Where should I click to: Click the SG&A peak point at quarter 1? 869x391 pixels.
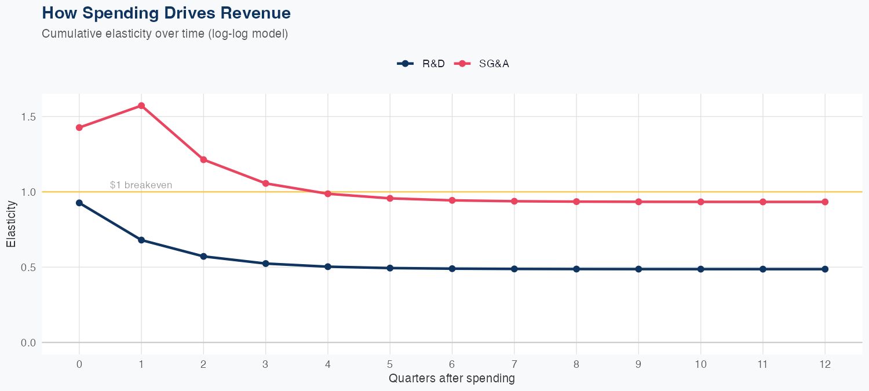tap(141, 105)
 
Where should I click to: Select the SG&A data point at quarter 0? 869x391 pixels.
tap(79, 127)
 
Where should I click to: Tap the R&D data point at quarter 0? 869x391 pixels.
tap(79, 203)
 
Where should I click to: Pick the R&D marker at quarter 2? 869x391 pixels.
tap(203, 256)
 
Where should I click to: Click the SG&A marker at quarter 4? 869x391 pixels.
tap(328, 193)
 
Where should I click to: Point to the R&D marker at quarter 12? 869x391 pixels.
tap(825, 269)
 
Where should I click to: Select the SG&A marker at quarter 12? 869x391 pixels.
tap(825, 202)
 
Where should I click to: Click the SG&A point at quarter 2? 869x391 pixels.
tap(203, 159)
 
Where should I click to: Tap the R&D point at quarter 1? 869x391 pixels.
tap(141, 240)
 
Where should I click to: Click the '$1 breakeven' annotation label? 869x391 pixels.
tap(141, 185)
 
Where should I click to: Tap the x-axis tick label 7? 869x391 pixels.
tap(514, 364)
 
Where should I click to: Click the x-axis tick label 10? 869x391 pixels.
tap(701, 364)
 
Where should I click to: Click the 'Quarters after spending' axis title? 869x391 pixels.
tap(451, 379)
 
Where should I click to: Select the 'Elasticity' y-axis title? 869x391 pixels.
tap(11, 224)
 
